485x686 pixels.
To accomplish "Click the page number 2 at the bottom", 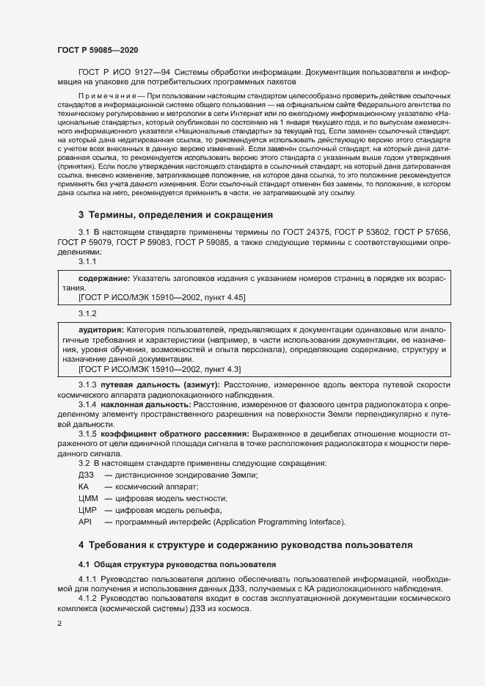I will click(59, 624).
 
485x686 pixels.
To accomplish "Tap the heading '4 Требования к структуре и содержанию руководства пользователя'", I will click(245, 545).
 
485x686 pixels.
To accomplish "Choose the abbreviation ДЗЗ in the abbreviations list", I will click(87, 475).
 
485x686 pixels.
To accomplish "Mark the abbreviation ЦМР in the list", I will click(87, 510).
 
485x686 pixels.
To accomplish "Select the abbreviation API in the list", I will click(84, 522).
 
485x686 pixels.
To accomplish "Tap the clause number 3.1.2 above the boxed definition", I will click(87, 313).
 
